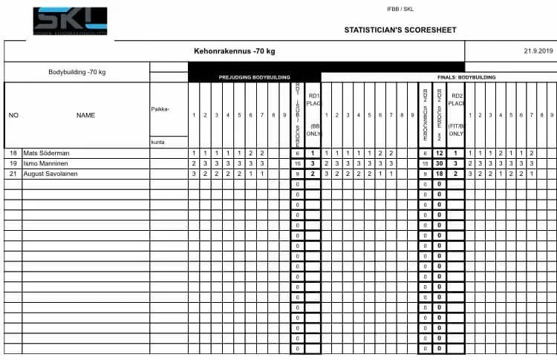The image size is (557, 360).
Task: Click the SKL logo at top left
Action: tap(70, 20)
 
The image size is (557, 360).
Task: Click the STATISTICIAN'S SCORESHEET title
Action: tap(400, 30)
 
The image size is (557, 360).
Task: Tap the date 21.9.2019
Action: tap(538, 51)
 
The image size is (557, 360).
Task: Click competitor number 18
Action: tap(13, 153)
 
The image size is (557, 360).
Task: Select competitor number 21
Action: tap(13, 173)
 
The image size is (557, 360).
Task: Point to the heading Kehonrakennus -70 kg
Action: tap(234, 51)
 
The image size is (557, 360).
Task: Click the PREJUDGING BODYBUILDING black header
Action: tap(254, 77)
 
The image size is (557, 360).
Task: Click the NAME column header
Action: tap(85, 115)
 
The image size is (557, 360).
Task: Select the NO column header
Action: tap(13, 115)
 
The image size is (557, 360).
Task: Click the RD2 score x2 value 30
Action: tap(440, 163)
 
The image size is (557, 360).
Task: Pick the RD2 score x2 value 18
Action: tap(440, 173)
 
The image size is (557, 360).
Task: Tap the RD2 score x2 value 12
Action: tap(440, 153)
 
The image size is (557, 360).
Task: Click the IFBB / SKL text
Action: tap(399, 9)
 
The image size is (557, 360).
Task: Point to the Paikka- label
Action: tap(160, 109)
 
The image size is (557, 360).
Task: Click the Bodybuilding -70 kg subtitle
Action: tap(77, 72)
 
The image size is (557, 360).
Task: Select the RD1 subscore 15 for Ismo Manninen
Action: tap(297, 163)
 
